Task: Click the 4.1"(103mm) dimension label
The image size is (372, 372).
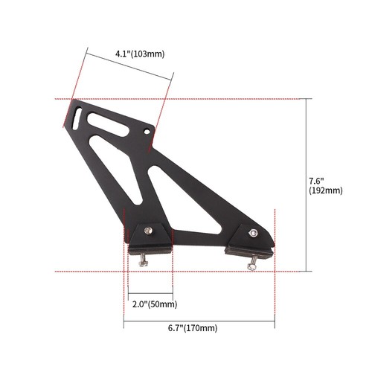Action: pyautogui.click(x=140, y=54)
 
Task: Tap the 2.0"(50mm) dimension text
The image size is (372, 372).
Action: pyautogui.click(x=154, y=304)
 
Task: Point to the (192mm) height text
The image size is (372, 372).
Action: pyautogui.click(x=325, y=190)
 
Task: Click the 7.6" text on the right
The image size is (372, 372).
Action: pyautogui.click(x=317, y=180)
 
